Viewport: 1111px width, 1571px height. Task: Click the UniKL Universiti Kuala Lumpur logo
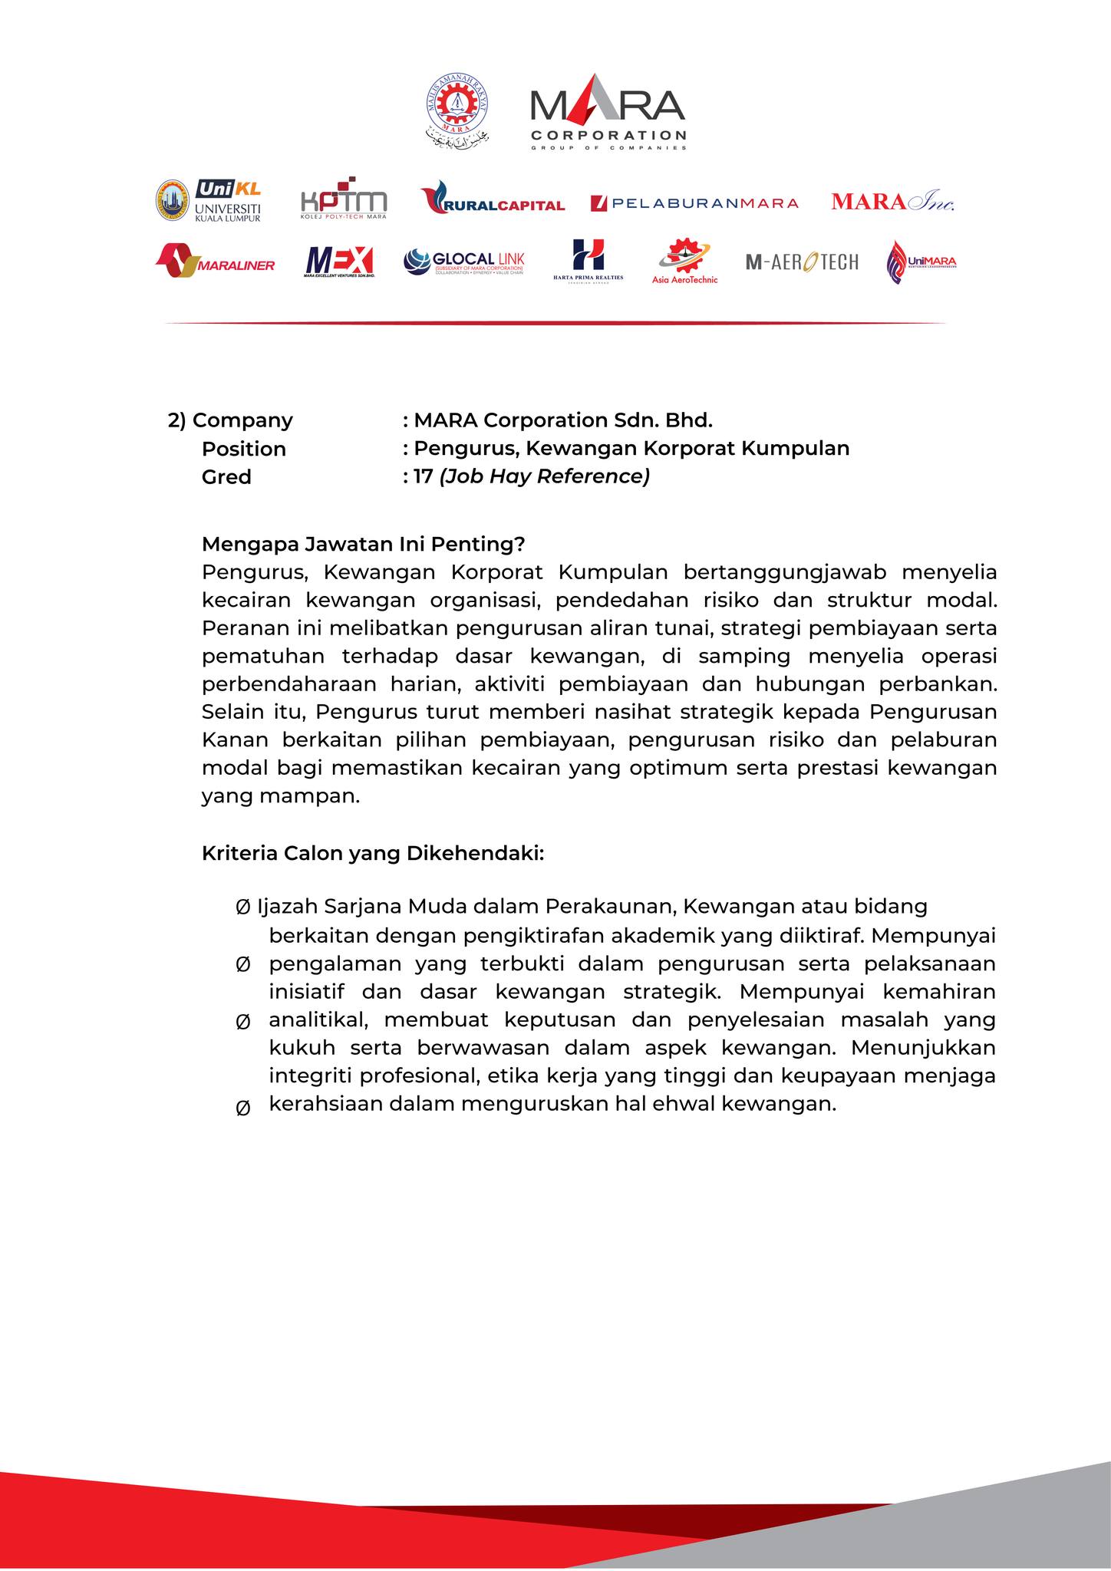(209, 200)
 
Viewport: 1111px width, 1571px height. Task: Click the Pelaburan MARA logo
(694, 203)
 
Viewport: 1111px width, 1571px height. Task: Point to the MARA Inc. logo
(892, 202)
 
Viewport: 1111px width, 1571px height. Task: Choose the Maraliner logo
(215, 261)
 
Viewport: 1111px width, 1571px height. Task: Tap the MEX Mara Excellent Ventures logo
(339, 262)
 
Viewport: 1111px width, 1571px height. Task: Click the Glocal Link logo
(464, 262)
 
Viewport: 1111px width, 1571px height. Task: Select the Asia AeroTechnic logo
(684, 261)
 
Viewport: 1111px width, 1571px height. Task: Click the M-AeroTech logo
(802, 262)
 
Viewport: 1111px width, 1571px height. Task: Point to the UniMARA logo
(921, 262)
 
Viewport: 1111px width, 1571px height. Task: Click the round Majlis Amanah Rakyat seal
(458, 107)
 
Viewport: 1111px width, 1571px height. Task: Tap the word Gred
(226, 477)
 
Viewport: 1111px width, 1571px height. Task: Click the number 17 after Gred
(423, 476)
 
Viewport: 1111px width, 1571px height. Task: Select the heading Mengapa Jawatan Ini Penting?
(363, 544)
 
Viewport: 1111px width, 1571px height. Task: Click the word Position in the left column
(243, 449)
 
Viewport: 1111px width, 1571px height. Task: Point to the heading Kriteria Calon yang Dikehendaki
(373, 853)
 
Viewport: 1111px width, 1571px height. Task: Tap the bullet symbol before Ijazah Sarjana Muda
(242, 907)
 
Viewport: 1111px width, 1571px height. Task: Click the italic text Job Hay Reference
(545, 476)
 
